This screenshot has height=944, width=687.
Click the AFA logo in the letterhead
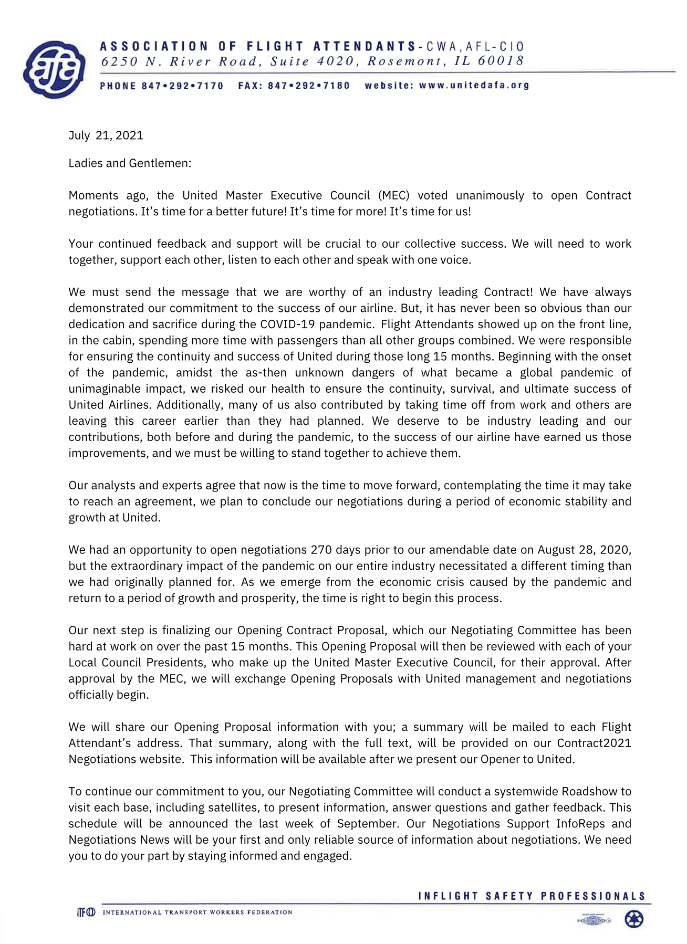pos(55,69)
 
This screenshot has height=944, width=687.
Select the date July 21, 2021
pos(106,135)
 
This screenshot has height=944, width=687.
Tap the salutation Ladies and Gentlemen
pos(130,163)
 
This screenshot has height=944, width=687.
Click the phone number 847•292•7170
pos(182,86)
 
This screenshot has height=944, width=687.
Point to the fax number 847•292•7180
pos(308,86)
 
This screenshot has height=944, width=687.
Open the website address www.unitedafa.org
pos(474,85)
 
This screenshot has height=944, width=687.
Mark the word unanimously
pos(490,196)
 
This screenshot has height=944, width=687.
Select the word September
pos(366,824)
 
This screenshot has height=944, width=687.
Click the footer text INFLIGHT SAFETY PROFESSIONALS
pos(532,896)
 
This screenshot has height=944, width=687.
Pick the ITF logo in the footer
pos(86,912)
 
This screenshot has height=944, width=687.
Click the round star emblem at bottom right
pos(634,919)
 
